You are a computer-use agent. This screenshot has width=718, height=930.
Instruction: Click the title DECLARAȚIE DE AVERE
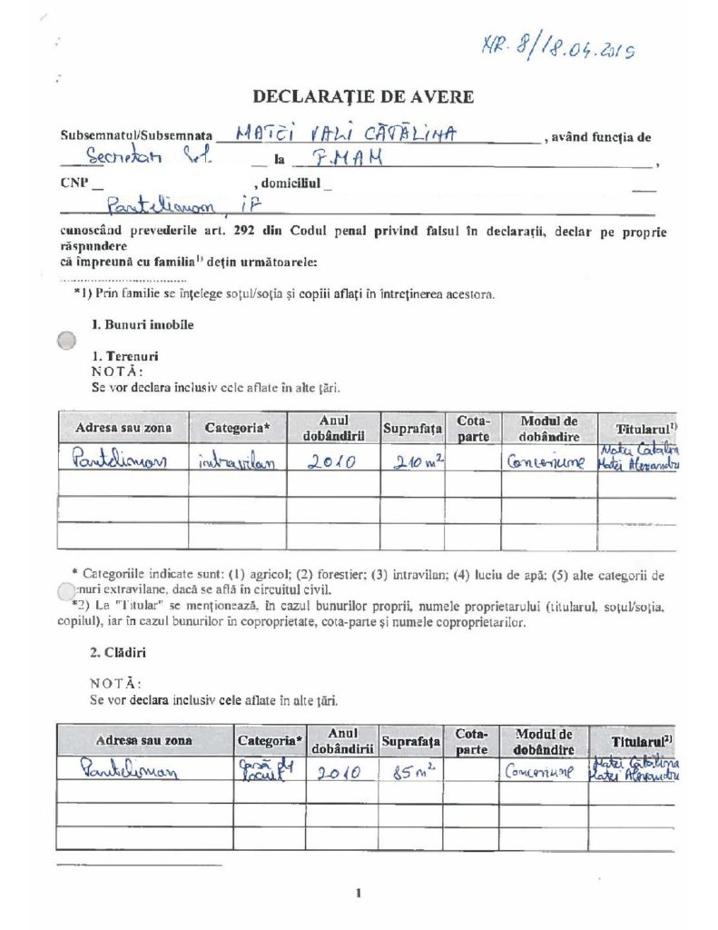coord(363,96)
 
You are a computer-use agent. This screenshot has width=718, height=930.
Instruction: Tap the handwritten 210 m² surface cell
coord(413,460)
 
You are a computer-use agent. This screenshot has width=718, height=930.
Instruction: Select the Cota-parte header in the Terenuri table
coord(473,429)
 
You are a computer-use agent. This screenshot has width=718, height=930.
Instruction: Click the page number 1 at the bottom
coord(359,893)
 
